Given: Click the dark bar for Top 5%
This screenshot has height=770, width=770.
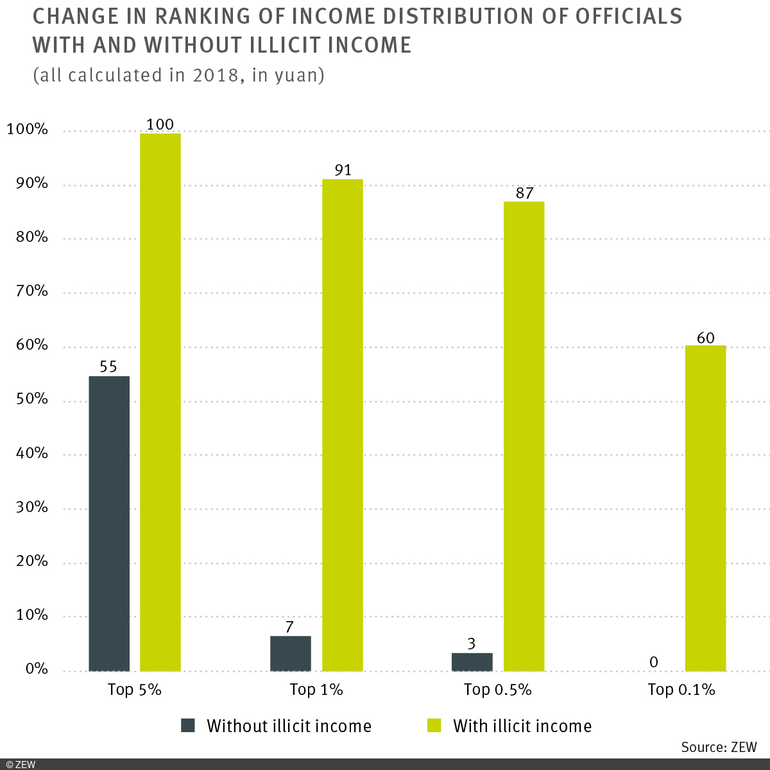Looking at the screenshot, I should pyautogui.click(x=109, y=523).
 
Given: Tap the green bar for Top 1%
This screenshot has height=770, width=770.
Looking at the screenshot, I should pyautogui.click(x=342, y=425).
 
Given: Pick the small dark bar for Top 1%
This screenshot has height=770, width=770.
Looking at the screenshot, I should pyautogui.click(x=291, y=653).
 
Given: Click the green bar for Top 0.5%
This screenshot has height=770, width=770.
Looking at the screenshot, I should pyautogui.click(x=524, y=436).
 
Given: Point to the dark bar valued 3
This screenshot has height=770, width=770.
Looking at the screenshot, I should pyautogui.click(x=472, y=662).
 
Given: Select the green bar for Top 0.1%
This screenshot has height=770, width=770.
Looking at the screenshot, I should pyautogui.click(x=705, y=508).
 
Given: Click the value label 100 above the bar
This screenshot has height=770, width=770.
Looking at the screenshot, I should pyautogui.click(x=160, y=124).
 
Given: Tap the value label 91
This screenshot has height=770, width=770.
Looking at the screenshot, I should pyautogui.click(x=343, y=170).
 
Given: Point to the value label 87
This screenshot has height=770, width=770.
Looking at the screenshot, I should pyautogui.click(x=524, y=193).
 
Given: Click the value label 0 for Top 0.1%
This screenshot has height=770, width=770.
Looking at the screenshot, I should pyautogui.click(x=653, y=662).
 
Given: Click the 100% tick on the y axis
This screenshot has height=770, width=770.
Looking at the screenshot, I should pyautogui.click(x=27, y=130).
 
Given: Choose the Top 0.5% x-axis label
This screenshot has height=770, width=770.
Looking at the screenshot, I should pyautogui.click(x=497, y=690).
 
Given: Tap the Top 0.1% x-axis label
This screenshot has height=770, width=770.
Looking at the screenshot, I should pyautogui.click(x=681, y=690).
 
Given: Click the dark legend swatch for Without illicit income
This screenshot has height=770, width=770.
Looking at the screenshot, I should pyautogui.click(x=187, y=726).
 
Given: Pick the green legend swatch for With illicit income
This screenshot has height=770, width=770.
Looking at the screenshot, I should pyautogui.click(x=434, y=726).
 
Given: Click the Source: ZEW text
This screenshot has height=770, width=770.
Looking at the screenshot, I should pyautogui.click(x=719, y=747).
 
